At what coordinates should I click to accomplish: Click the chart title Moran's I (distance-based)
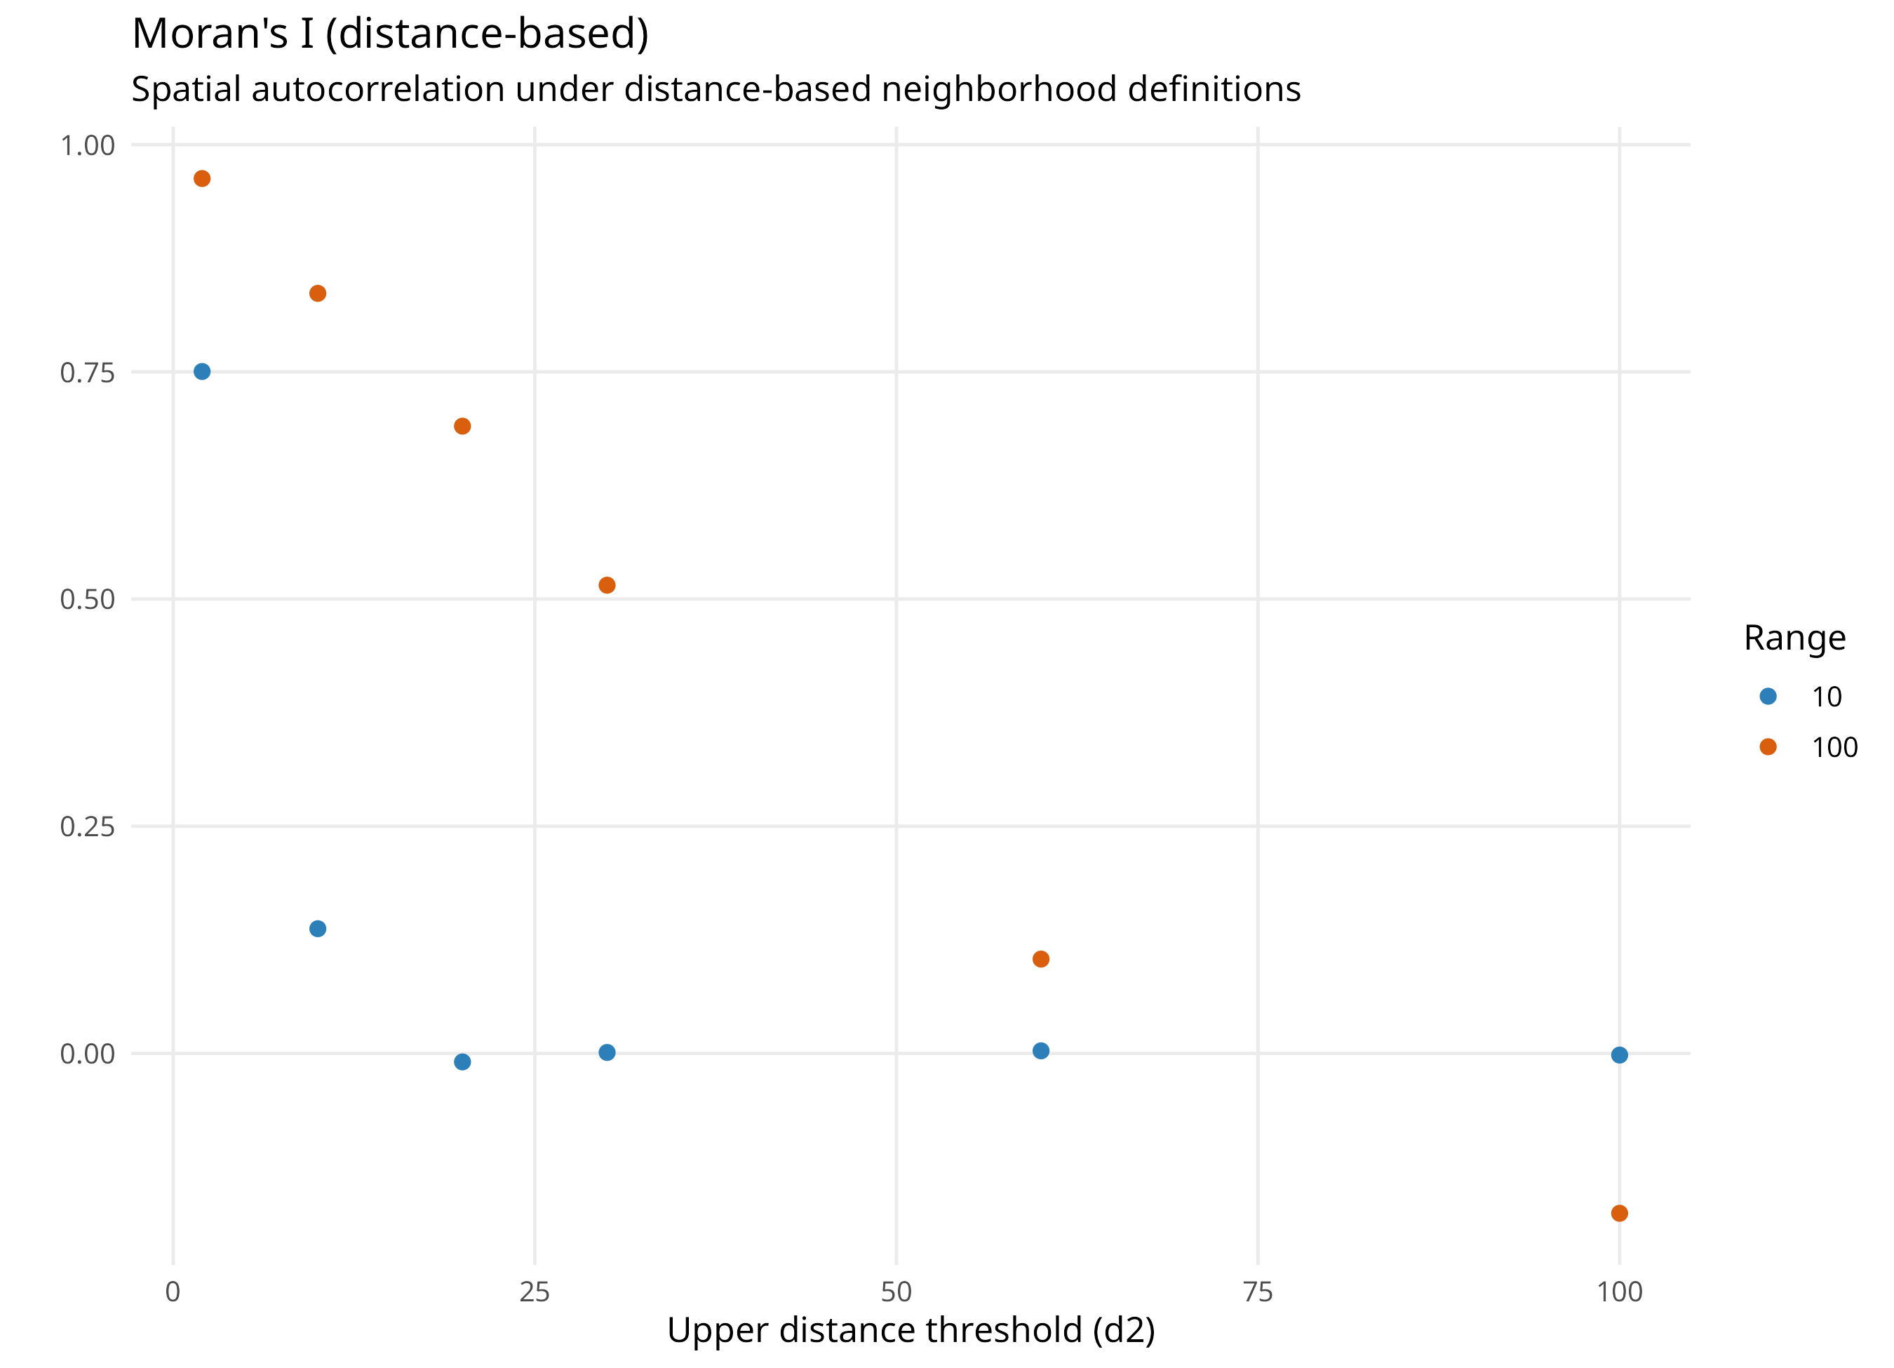[390, 34]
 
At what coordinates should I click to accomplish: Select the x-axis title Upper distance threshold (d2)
[911, 1329]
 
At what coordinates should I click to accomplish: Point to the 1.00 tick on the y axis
[88, 145]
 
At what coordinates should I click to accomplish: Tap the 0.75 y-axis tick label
[88, 373]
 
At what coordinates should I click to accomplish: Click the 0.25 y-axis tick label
[88, 827]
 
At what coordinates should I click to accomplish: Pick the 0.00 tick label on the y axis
[88, 1054]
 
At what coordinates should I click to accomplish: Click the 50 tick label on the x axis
[896, 1292]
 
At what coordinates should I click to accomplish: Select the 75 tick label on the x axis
[1258, 1292]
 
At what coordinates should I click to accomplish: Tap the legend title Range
[1794, 639]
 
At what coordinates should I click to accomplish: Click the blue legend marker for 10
[1768, 696]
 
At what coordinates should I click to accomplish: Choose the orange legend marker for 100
[1768, 746]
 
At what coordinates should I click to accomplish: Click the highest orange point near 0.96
[202, 179]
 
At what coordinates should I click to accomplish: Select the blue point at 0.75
[202, 372]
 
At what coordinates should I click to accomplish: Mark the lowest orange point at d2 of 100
[1619, 1213]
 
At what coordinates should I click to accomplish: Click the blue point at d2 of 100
[1619, 1055]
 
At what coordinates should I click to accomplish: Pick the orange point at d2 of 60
[1040, 959]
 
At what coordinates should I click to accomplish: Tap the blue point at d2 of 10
[317, 929]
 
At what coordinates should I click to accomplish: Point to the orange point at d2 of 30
[607, 586]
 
